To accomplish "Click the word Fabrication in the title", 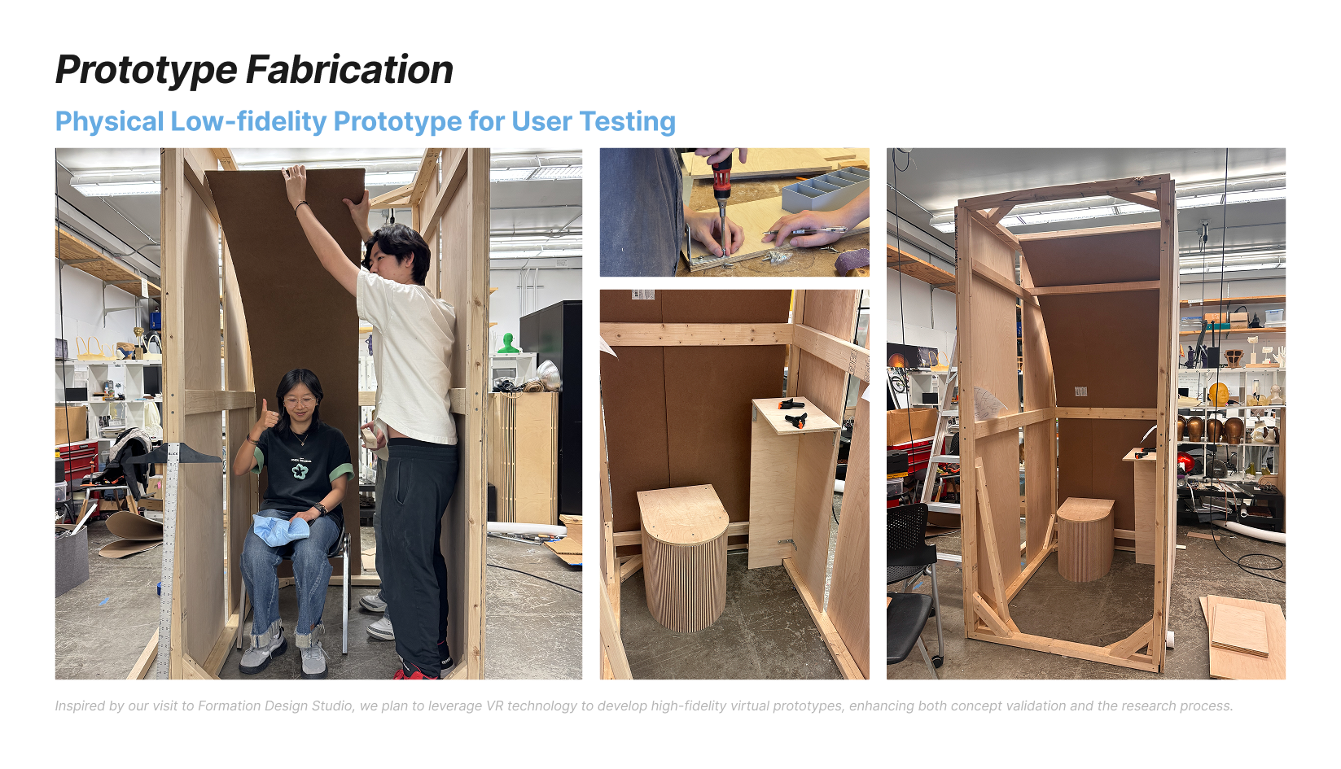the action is (349, 69).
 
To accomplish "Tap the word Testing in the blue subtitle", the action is (628, 123).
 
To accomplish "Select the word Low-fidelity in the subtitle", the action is (248, 122).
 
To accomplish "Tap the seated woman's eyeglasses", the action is (299, 401).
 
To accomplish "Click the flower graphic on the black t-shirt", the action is (300, 470).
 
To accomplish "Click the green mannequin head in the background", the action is (508, 343).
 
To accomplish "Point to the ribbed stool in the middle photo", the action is (683, 557).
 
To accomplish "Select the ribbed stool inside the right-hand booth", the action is (1085, 540).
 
